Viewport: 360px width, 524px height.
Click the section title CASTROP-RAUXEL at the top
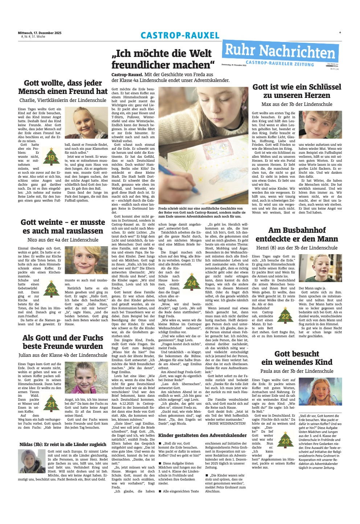(x=180, y=36)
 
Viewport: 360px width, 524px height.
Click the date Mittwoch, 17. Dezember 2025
(x=40, y=33)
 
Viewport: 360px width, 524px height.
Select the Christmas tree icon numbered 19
(x=51, y=157)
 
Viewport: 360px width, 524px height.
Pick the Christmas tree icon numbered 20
(x=51, y=289)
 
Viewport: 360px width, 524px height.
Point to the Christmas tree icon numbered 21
(x=51, y=403)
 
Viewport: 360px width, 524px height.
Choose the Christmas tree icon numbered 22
(x=285, y=315)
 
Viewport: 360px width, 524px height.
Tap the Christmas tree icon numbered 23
(x=285, y=440)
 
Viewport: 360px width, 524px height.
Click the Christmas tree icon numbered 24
(x=191, y=282)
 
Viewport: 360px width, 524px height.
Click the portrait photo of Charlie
(x=86, y=123)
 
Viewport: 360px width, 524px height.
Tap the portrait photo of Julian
(x=86, y=377)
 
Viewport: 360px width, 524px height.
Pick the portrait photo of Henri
(x=320, y=268)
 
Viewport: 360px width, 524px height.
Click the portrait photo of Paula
(x=320, y=392)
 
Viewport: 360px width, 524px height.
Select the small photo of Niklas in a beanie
(x=32, y=461)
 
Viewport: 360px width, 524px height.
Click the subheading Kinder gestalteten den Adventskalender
(x=202, y=435)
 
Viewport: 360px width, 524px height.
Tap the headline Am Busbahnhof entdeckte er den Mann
(x=296, y=234)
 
